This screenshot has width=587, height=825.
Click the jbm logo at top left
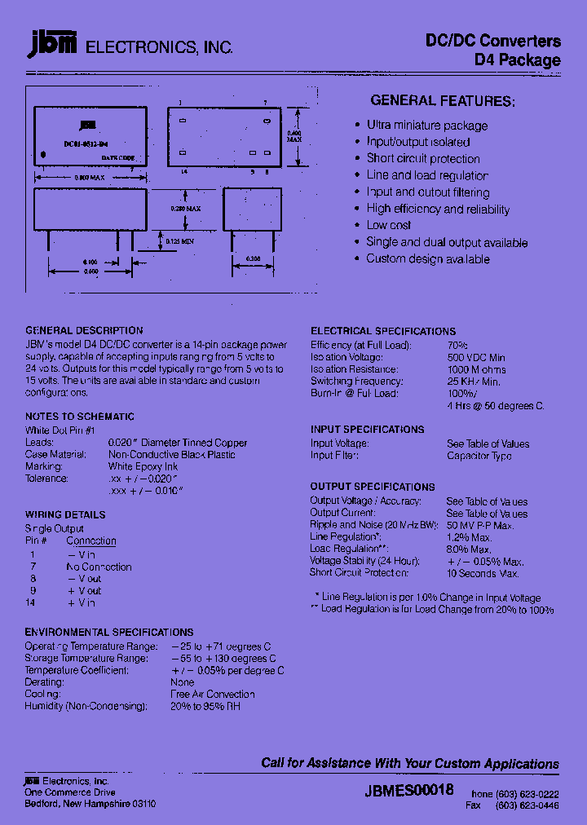click(51, 45)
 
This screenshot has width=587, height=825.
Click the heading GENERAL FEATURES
click(443, 101)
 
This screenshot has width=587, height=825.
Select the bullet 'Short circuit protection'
click(422, 159)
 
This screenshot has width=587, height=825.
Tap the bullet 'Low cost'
click(388, 225)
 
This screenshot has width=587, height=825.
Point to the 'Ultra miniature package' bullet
click(426, 126)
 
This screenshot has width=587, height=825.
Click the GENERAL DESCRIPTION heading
click(84, 330)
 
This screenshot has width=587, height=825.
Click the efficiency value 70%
click(457, 345)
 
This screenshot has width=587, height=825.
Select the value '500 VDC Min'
click(475, 357)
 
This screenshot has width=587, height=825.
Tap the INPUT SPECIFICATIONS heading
click(367, 429)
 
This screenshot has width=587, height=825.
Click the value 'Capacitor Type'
click(479, 456)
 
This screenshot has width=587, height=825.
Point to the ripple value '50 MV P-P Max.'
click(480, 525)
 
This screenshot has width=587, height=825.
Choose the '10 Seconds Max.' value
click(483, 573)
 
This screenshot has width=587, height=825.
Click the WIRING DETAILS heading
click(65, 514)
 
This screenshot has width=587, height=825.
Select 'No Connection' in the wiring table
click(99, 567)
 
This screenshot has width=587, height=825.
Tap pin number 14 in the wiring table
click(31, 602)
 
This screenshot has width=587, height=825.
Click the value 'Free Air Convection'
click(212, 694)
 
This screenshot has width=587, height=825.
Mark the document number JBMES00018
click(409, 790)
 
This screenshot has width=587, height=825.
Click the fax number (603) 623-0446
click(528, 805)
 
